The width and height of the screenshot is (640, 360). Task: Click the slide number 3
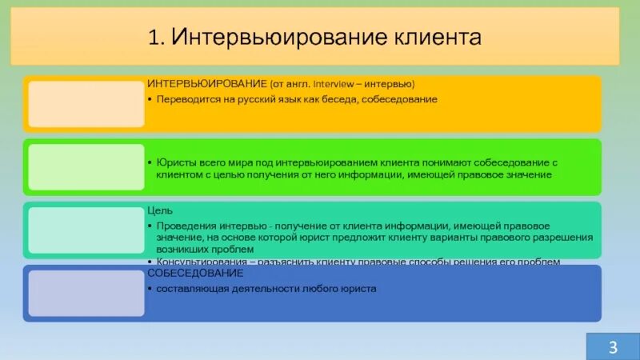pyautogui.click(x=613, y=346)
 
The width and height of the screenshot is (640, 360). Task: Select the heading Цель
pyautogui.click(x=156, y=210)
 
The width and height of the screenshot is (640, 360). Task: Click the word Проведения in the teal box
pyautogui.click(x=183, y=226)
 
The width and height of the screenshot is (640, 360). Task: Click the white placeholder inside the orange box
pyautogui.click(x=86, y=103)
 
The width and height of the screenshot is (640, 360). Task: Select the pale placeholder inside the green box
pyautogui.click(x=86, y=167)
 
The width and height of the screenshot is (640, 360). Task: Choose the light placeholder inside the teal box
pyautogui.click(x=86, y=230)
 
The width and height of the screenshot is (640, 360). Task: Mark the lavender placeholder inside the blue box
pyautogui.click(x=86, y=293)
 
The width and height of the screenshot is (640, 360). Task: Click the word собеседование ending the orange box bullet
pyautogui.click(x=400, y=99)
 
